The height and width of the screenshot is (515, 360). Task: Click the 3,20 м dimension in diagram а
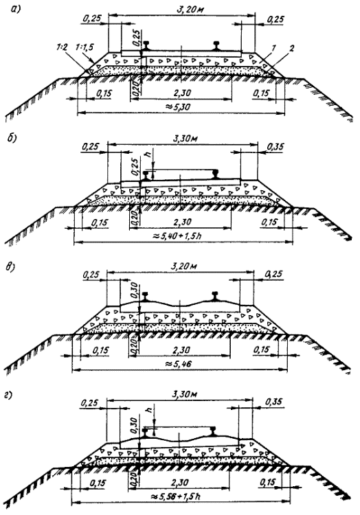click(x=190, y=10)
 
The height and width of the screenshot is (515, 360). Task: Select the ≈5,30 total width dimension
click(x=180, y=106)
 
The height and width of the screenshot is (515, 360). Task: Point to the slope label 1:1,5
click(x=85, y=47)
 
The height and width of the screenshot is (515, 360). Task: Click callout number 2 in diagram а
click(x=291, y=48)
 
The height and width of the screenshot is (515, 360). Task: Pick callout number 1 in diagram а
click(x=273, y=48)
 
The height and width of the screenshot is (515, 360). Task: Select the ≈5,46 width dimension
click(x=179, y=363)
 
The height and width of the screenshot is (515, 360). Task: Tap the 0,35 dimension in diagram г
click(x=273, y=402)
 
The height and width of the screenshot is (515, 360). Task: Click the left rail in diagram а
click(x=146, y=45)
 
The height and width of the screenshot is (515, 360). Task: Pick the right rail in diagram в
click(x=215, y=296)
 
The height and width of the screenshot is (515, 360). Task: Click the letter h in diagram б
click(x=150, y=152)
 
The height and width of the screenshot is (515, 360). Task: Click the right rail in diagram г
click(x=214, y=431)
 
